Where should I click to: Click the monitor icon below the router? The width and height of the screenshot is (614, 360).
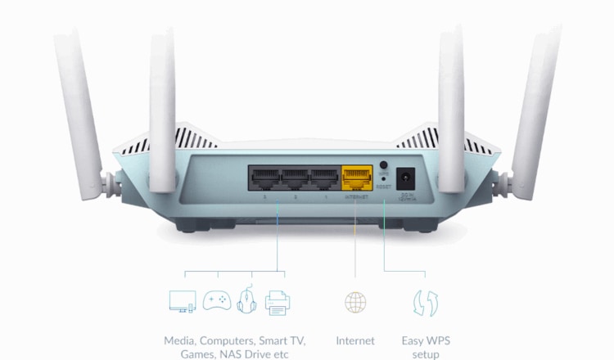click(x=182, y=302)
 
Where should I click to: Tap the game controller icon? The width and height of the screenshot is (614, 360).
click(x=216, y=301)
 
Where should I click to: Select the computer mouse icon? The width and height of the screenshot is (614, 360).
click(x=246, y=302)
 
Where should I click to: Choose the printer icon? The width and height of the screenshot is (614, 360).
click(x=278, y=302)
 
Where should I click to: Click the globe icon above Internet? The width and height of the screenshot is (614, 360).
click(x=355, y=302)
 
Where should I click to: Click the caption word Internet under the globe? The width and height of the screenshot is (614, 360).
click(x=355, y=340)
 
